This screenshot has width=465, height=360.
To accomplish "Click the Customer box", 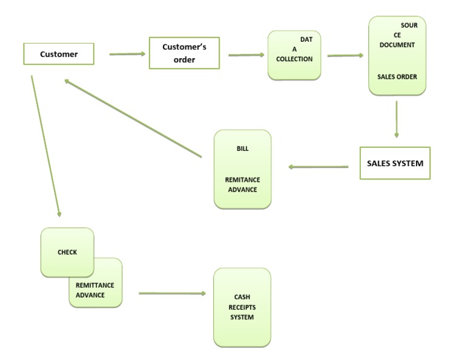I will click(x=59, y=54).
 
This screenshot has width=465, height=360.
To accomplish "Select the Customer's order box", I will click(x=184, y=53).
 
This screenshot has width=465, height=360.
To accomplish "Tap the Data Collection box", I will click(x=294, y=55).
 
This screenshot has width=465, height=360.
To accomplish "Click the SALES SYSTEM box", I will click(x=395, y=163).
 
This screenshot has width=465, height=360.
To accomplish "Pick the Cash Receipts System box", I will click(x=242, y=307).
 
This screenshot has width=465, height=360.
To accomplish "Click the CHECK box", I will click(x=67, y=252).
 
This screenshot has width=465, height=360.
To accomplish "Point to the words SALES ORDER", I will click(x=397, y=77).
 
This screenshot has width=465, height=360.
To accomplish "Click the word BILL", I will click(x=242, y=148).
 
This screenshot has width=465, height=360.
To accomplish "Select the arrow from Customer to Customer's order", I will click(x=127, y=54).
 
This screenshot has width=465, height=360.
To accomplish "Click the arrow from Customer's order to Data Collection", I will click(x=246, y=55).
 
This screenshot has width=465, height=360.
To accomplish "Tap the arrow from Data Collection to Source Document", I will click(x=345, y=56).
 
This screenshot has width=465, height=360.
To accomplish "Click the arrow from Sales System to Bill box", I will click(x=318, y=167).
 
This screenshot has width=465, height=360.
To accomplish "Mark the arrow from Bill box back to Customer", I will click(x=133, y=118).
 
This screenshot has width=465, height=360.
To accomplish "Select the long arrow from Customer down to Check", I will click(x=45, y=145).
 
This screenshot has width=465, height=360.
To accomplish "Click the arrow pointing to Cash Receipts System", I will click(x=172, y=293).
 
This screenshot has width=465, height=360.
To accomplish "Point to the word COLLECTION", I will click(x=294, y=59).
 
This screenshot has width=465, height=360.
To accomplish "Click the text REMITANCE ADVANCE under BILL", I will click(x=242, y=185).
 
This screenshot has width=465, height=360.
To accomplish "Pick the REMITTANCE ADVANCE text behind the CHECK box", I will click(x=95, y=290).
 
